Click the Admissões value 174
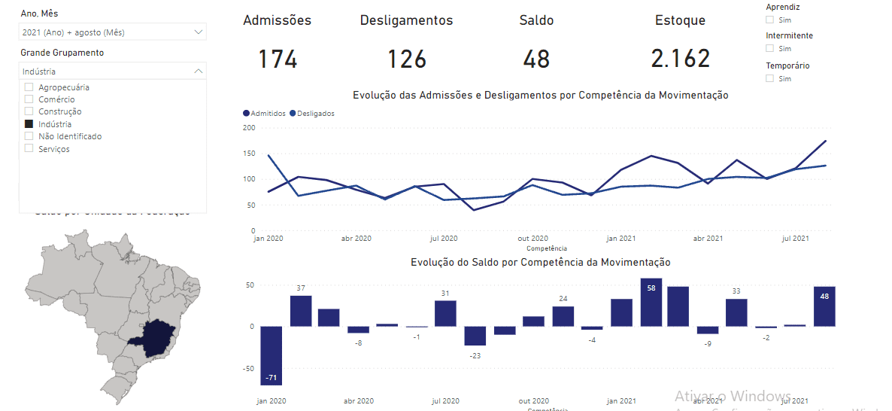coord(278,59)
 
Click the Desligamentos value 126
coord(407,59)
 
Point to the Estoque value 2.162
coord(681,59)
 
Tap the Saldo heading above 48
coord(536,20)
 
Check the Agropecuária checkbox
coord(29,87)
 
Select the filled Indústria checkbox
coord(29,124)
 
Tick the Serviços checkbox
coord(29,149)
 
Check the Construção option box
coord(29,111)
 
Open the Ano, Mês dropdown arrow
coord(199,32)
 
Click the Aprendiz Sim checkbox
coord(769,20)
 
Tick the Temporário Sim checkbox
coord(769,78)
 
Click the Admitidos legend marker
coord(246,114)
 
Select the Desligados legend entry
coord(314,114)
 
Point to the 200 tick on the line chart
coord(249,127)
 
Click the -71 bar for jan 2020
coord(271,355)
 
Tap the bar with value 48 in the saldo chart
coord(824,306)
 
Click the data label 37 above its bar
coord(301,288)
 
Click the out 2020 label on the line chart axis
coord(533,238)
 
